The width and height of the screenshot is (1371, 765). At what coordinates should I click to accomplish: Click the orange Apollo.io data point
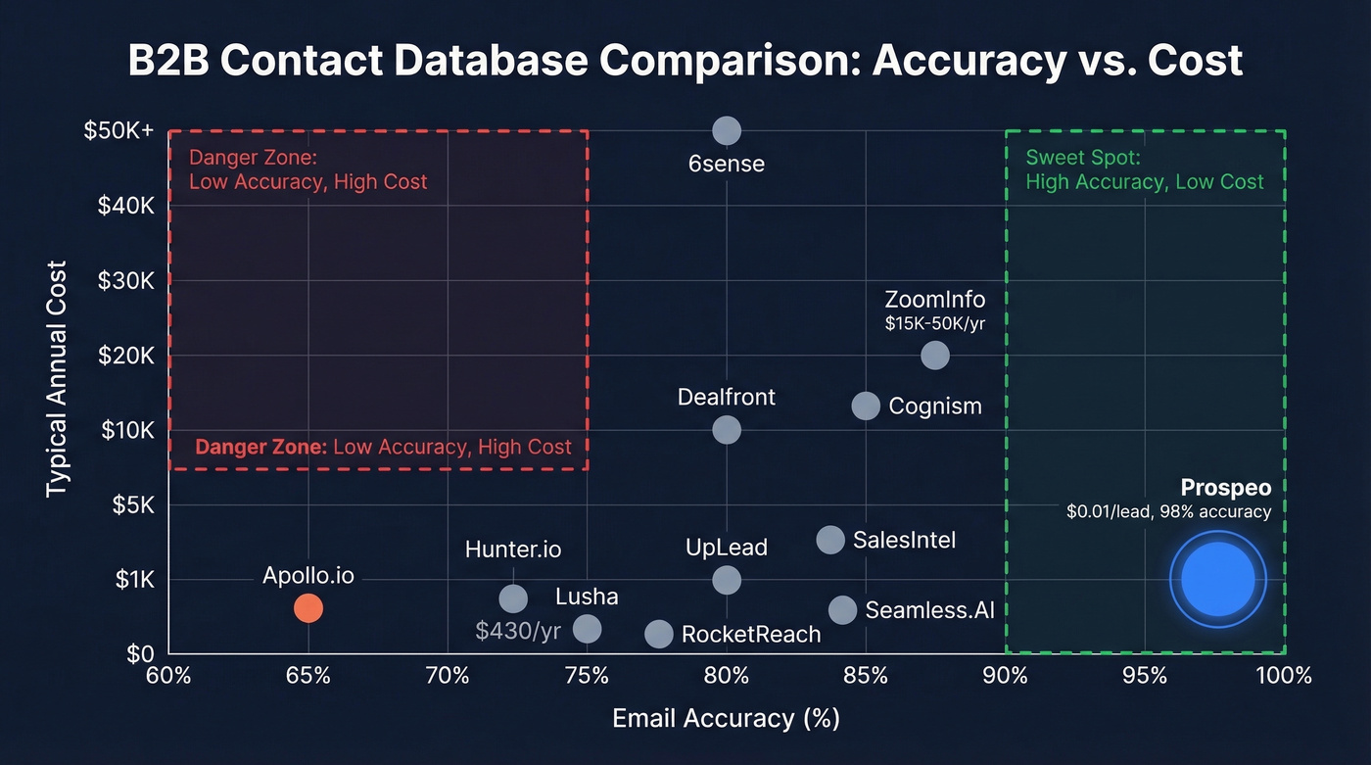[307, 608]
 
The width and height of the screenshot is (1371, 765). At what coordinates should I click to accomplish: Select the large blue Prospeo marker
[1217, 579]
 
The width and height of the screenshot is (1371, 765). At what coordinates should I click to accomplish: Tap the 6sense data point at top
[726, 130]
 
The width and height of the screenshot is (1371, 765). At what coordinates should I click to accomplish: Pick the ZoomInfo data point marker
[935, 355]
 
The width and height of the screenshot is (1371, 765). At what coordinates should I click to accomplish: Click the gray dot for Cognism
[866, 406]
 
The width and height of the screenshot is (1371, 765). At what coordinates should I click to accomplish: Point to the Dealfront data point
[726, 429]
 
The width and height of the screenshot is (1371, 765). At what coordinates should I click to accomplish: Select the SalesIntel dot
[830, 540]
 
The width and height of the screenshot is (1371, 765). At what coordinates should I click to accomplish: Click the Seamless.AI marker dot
[842, 610]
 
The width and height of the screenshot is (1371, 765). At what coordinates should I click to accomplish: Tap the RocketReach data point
[659, 634]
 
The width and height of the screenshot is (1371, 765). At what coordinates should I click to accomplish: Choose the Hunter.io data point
[513, 598]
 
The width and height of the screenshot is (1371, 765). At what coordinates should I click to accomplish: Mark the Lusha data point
[587, 628]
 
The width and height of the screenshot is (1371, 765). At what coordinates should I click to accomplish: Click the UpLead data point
[726, 580]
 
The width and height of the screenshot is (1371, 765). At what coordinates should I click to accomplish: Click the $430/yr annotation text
[518, 631]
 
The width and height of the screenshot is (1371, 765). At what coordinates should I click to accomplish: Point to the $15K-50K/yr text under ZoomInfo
[934, 324]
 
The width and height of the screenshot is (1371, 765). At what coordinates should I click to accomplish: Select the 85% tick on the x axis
[866, 676]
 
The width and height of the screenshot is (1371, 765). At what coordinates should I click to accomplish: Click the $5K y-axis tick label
[132, 504]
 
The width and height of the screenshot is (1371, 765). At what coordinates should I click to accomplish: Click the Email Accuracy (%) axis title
[726, 718]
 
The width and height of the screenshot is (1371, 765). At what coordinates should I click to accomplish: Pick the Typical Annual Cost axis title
[56, 378]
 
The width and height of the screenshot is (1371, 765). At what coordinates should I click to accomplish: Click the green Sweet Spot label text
[1145, 169]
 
